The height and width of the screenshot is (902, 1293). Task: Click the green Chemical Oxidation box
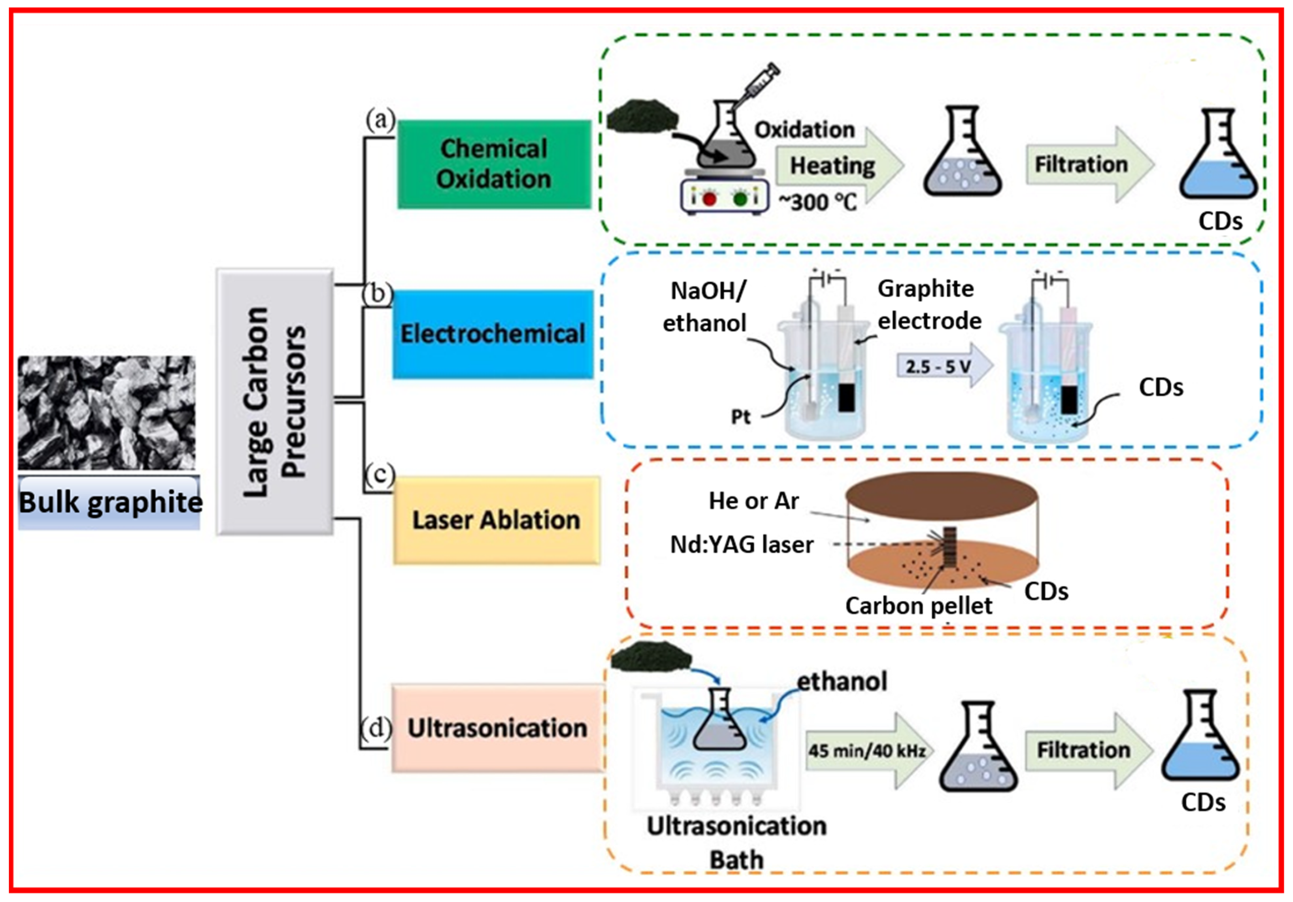point(494,164)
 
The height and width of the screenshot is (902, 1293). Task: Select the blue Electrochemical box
point(493,334)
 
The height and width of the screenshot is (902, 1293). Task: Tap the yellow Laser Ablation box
point(496,520)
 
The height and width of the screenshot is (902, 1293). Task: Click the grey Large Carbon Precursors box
point(275,401)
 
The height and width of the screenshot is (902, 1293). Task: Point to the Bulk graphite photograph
point(107,413)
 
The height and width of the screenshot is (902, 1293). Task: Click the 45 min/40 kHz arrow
point(870,751)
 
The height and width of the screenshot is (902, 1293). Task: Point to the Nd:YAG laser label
point(742,544)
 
